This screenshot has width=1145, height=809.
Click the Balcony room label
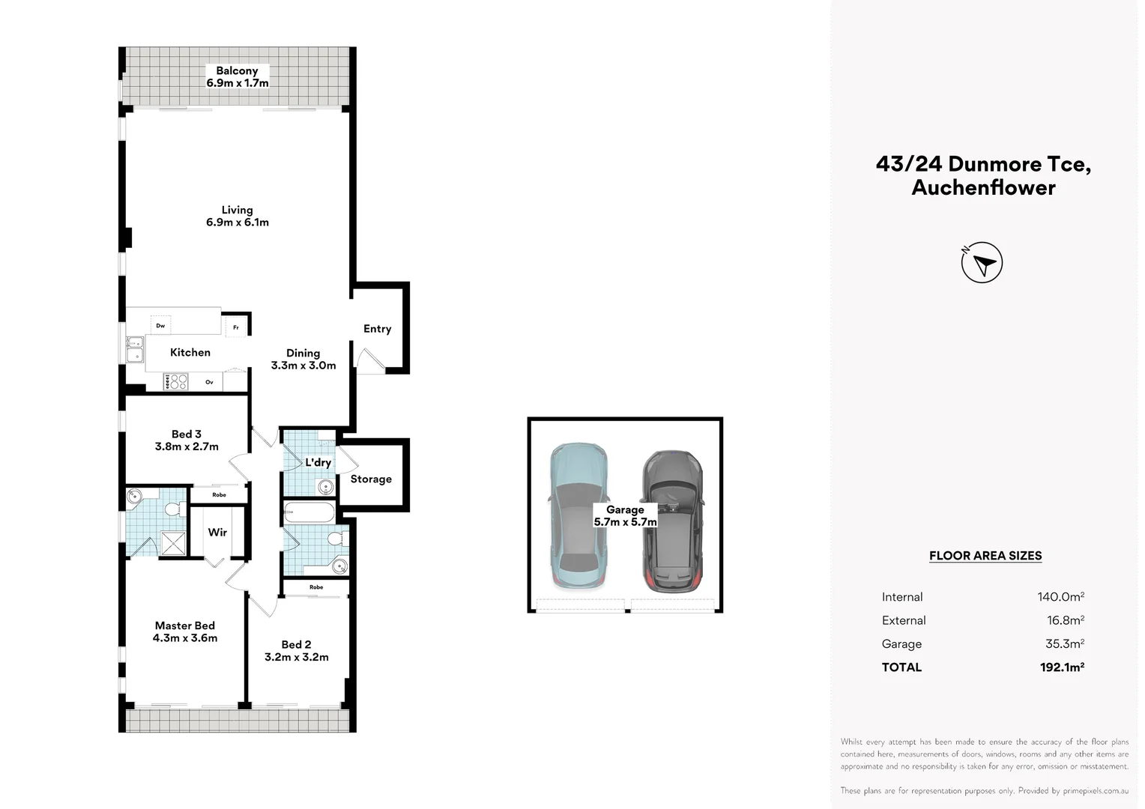237,71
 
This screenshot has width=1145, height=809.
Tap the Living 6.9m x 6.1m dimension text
238,222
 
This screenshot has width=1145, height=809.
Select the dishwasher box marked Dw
160,326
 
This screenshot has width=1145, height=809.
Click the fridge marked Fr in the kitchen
236,327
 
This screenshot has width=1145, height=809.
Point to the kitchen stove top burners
175,382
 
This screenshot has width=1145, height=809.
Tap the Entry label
377,329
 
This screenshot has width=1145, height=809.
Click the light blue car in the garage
578,515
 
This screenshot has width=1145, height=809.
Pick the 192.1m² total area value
1062,667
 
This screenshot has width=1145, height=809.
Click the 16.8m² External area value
1066,620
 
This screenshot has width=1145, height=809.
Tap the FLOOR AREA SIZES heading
985,556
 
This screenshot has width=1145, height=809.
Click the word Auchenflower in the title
983,187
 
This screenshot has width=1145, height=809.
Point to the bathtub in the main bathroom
309,512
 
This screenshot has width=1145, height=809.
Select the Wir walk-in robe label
217,532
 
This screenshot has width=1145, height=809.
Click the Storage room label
371,479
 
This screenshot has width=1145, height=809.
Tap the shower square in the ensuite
173,543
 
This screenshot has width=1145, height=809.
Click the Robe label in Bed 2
316,587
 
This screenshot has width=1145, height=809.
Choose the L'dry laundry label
318,462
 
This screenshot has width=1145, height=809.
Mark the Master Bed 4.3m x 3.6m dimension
185,637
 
